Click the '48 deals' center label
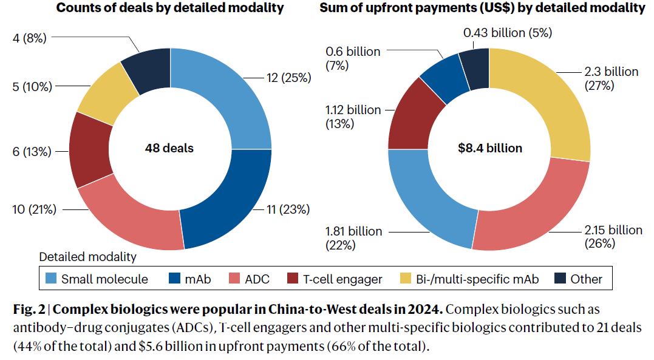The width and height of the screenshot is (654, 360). (x=169, y=148)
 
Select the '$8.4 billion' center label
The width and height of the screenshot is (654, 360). (x=490, y=148)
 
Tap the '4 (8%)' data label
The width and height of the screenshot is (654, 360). (x=29, y=38)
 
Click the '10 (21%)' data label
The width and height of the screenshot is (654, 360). (x=33, y=209)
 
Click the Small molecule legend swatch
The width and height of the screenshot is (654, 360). (x=52, y=279)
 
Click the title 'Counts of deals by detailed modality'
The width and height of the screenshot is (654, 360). (x=169, y=8)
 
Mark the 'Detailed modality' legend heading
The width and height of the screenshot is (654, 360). (x=88, y=257)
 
